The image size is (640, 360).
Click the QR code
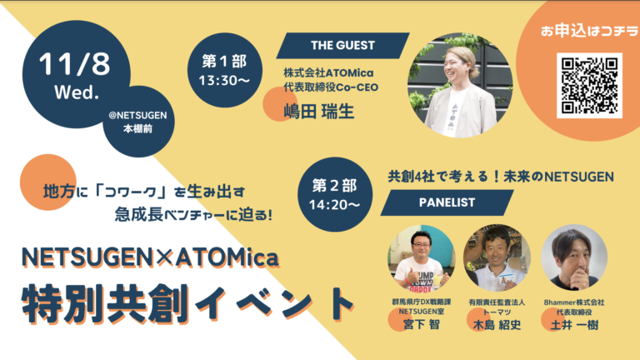tap(589, 85)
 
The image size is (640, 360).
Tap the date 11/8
tap(75, 63)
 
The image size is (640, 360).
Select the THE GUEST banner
tap(342, 45)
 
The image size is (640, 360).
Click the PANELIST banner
tap(447, 202)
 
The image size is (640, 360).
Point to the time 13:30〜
tap(224, 80)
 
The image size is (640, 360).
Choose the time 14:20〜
tap(334, 204)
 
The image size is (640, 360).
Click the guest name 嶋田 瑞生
tap(319, 112)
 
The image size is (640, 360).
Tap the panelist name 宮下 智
tap(422, 324)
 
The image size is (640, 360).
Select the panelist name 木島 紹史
tap(497, 325)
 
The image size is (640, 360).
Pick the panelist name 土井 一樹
tap(574, 325)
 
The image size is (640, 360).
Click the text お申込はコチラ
tap(589, 31)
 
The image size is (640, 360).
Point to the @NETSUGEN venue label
tap(138, 116)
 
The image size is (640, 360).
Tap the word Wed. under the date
tap(77, 92)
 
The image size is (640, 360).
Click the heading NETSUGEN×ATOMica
tap(150, 257)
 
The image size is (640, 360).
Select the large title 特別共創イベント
tap(187, 304)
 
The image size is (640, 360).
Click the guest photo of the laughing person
tap(460, 85)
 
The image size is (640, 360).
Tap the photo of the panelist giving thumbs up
tap(421, 257)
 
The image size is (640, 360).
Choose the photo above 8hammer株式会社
tap(574, 257)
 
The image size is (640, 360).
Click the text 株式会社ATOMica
tap(328, 73)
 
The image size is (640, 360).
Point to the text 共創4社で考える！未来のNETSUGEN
tap(501, 177)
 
